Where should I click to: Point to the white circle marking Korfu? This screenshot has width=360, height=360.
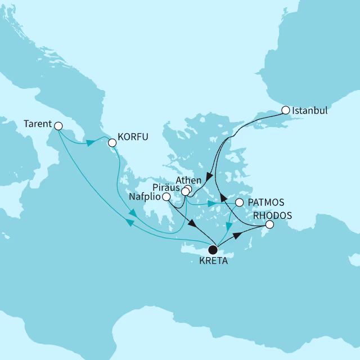point(112,143)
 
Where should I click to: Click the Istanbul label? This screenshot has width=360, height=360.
point(311,111)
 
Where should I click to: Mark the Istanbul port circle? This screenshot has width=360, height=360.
point(286,110)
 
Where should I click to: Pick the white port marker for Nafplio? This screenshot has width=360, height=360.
point(166,197)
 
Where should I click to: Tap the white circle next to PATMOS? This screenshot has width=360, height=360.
point(240,202)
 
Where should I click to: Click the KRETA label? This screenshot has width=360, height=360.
point(213,262)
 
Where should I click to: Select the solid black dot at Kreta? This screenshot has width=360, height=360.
point(213,249)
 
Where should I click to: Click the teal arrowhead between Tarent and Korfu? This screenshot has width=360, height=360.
point(89,143)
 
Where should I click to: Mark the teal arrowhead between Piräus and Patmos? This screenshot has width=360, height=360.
point(211,204)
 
